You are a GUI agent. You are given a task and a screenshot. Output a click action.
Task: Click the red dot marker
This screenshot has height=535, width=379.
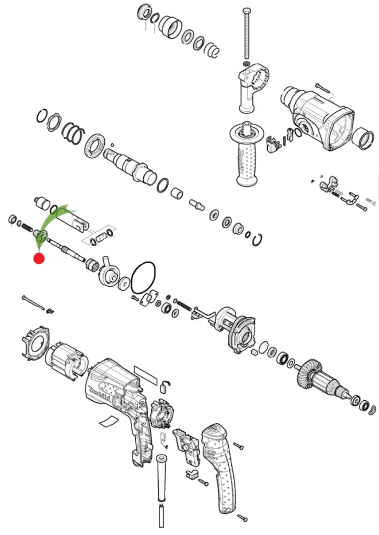[38, 258]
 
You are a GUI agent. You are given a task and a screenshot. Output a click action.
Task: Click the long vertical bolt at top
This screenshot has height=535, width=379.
[246, 35]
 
